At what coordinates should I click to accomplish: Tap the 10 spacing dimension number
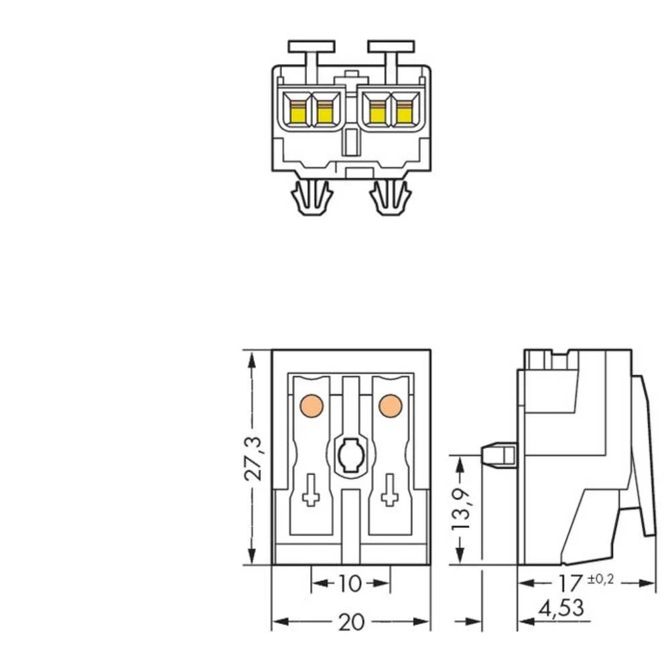[350, 584]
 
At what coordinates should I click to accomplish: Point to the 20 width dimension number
[350, 622]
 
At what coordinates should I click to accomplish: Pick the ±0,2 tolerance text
[600, 579]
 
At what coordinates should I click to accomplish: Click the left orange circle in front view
[312, 405]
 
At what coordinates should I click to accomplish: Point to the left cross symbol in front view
[311, 490]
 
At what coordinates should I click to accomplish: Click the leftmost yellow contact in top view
[295, 112]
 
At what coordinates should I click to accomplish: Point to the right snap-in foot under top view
[391, 197]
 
